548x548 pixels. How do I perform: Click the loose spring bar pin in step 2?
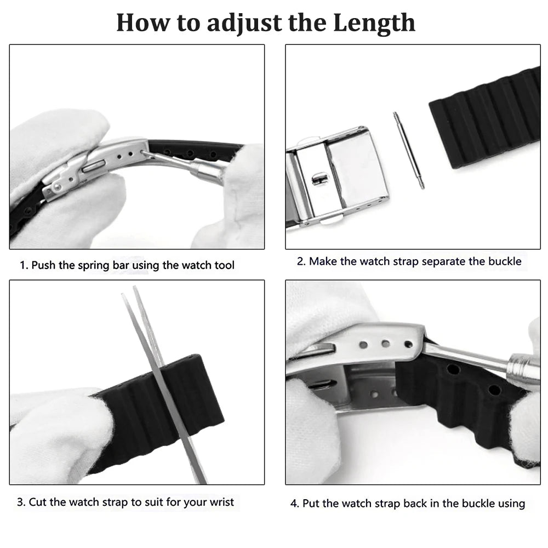(408, 150)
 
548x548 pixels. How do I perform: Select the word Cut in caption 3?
(37, 501)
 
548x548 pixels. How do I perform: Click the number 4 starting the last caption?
(293, 503)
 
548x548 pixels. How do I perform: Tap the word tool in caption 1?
(224, 265)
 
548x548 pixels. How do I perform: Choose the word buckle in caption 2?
(505, 261)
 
